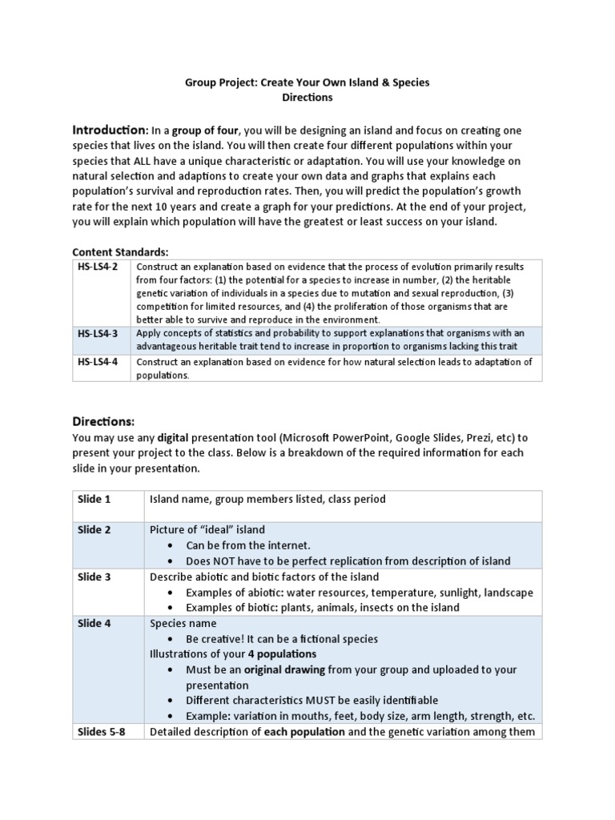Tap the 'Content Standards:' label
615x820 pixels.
click(x=120, y=251)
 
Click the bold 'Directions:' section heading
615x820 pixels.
click(x=103, y=421)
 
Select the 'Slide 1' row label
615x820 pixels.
click(x=94, y=499)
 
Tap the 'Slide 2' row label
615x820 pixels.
click(x=94, y=530)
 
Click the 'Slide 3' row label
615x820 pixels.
click(x=94, y=577)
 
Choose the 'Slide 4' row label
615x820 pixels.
click(x=94, y=623)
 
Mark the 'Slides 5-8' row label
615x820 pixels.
click(x=102, y=731)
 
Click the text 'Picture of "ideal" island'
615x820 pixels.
click(x=207, y=530)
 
